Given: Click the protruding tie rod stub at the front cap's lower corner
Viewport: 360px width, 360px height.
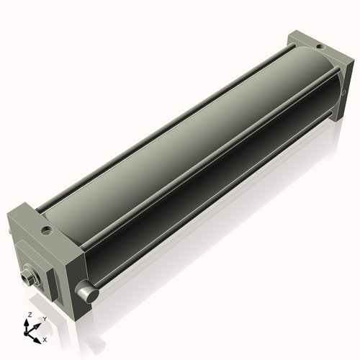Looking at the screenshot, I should [x=87, y=294].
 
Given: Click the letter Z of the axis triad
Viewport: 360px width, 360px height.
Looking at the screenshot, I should [x=28, y=315].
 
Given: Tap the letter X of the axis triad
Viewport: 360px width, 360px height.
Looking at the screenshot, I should [x=45, y=338].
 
